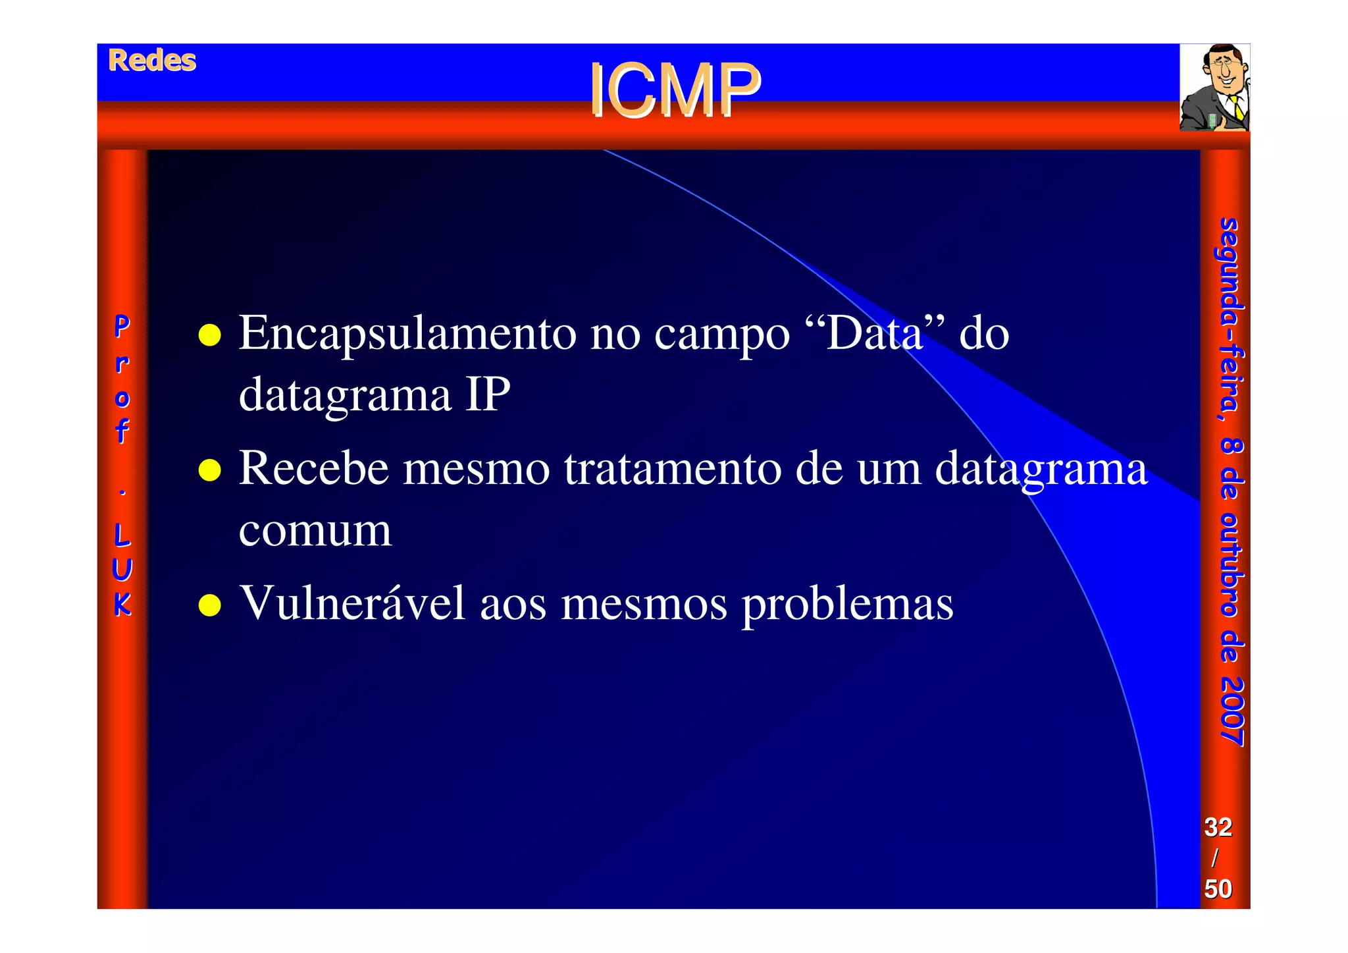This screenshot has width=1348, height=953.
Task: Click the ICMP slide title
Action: click(674, 90)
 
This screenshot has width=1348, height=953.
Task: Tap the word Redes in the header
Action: click(152, 61)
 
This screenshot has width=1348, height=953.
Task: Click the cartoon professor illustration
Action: click(1214, 87)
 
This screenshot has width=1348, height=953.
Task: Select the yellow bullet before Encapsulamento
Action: click(209, 335)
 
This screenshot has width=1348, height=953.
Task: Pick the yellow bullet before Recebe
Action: click(209, 470)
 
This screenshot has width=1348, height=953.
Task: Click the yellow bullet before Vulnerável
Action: click(209, 605)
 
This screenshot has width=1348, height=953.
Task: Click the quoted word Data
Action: click(875, 333)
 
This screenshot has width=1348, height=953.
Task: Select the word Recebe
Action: click(314, 469)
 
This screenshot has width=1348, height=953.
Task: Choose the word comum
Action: click(315, 531)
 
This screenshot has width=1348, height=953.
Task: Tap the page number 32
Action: click(1218, 827)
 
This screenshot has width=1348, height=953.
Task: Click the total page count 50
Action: click(1218, 889)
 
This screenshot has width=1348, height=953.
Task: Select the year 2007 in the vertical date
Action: click(1231, 711)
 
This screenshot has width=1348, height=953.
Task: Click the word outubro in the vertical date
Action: click(1231, 565)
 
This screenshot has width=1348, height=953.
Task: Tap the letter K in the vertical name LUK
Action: click(122, 605)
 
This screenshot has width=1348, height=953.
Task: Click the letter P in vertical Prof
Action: click(122, 325)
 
